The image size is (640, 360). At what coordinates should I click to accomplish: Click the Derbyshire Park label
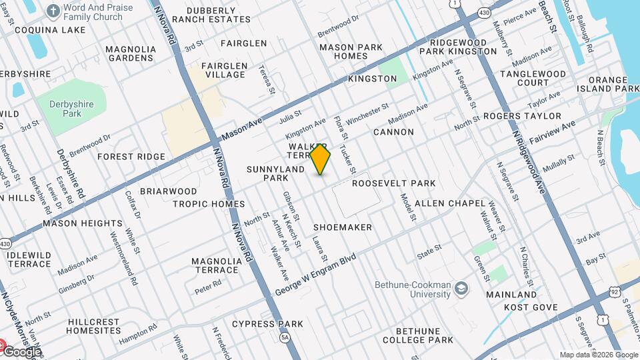click(x=65, y=109)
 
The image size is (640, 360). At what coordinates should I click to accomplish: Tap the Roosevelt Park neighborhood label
click(x=393, y=183)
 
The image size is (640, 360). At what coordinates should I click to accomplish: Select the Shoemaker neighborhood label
click(x=343, y=227)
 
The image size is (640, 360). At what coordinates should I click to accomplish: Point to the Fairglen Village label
click(x=224, y=71)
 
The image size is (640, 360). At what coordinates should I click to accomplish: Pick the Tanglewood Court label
click(x=524, y=79)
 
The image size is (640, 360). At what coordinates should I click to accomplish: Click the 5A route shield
click(x=285, y=338)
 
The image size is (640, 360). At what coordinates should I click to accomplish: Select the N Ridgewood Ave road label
click(x=529, y=162)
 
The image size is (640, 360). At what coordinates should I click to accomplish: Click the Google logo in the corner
click(x=21, y=351)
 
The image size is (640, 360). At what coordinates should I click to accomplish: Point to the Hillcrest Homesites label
click(x=94, y=326)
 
